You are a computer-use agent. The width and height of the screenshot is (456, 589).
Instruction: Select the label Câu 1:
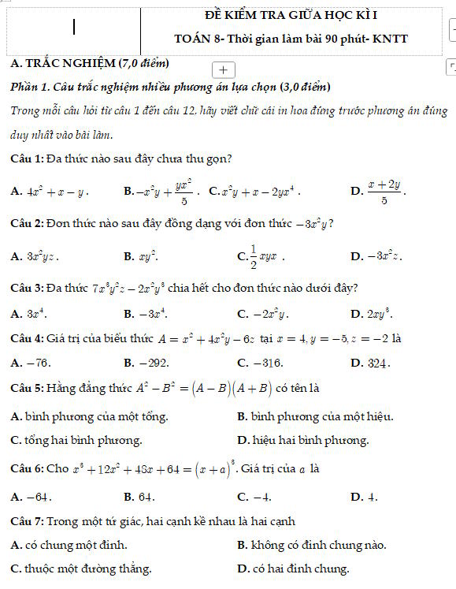[27, 158]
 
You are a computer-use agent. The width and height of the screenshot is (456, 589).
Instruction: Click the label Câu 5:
[27, 389]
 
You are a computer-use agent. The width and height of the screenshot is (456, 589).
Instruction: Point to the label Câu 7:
[27, 521]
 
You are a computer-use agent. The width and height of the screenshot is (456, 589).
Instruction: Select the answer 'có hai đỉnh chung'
[300, 568]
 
